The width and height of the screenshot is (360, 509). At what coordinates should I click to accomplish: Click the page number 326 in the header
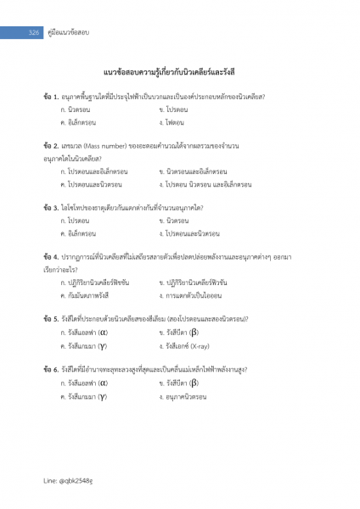click(35, 31)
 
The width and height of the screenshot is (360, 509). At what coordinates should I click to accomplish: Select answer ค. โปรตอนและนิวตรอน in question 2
click(91, 183)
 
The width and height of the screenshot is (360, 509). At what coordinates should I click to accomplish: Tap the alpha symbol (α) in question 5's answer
click(103, 333)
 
